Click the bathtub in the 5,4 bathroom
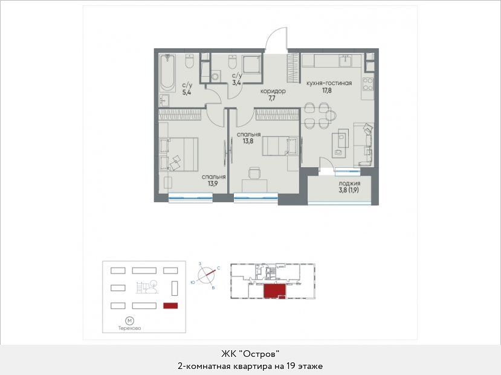[167, 72]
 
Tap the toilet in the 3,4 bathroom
[232, 62]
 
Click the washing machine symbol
[215, 77]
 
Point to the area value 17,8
[327, 91]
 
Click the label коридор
[273, 91]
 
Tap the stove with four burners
[368, 84]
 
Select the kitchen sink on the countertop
[346, 60]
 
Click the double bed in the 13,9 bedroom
[179, 154]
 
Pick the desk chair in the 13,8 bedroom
[254, 173]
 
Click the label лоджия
[349, 184]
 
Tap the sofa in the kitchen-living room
[364, 144]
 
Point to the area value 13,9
[213, 183]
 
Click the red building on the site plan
[170, 306]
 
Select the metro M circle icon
[129, 321]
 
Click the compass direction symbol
[206, 275]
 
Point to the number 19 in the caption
[291, 366]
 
